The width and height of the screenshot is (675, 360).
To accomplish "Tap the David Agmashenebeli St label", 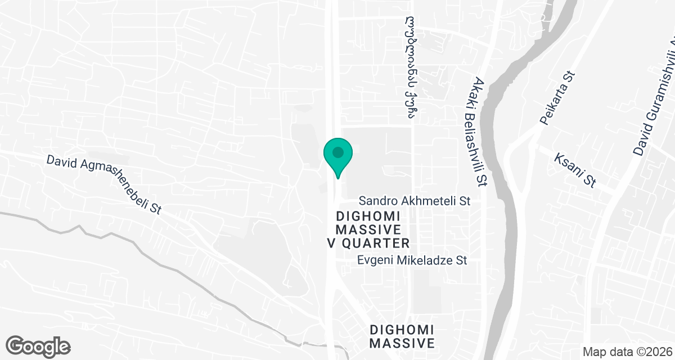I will coord(104,184).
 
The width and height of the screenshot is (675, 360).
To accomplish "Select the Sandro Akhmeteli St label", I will coord(414,200).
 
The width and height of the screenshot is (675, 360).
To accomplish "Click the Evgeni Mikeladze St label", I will coord(413,260).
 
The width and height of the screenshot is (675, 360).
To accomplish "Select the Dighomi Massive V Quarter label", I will coord(368,230).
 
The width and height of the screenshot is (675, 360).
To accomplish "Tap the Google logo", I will coord(38,346).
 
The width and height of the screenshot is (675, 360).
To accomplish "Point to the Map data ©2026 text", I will coord(627,352).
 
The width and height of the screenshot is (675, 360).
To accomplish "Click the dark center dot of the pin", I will coord(337,152).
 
